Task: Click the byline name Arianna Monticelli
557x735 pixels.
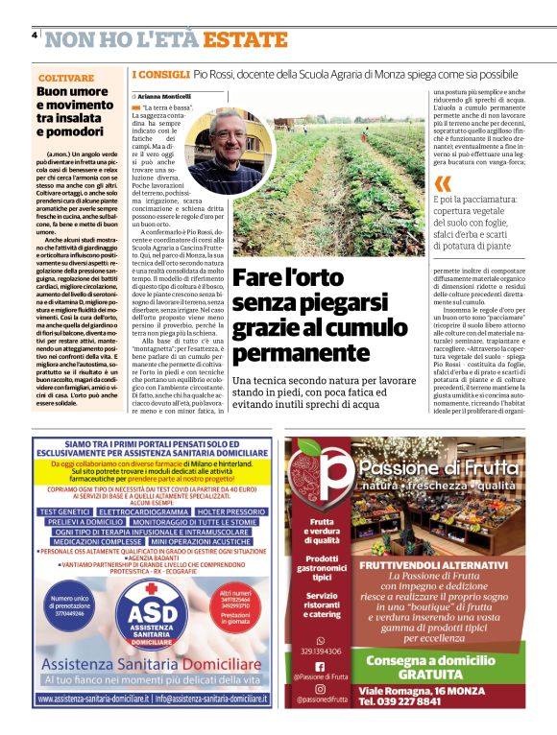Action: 165,97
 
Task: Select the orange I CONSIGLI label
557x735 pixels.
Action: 159,73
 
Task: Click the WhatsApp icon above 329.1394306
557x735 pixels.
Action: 320,639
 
